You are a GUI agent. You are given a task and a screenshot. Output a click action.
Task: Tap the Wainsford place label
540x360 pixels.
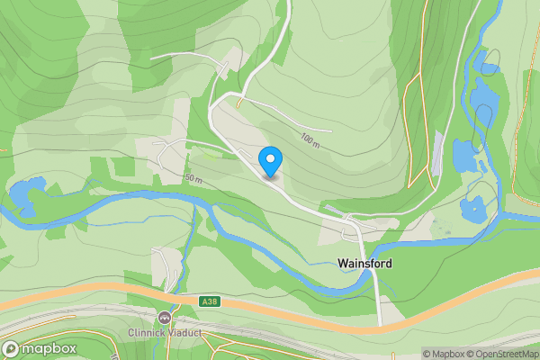(x=364, y=264)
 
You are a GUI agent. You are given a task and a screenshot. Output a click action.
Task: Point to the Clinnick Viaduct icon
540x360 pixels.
(x=164, y=318)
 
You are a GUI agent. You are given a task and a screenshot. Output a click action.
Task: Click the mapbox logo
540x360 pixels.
(x=40, y=348)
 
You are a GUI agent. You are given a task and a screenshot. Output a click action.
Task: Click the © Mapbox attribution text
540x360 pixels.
(x=443, y=354)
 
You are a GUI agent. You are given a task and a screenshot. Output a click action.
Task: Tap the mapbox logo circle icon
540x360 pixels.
(x=12, y=348)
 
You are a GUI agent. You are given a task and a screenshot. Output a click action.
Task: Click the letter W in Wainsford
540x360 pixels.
(x=343, y=264)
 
